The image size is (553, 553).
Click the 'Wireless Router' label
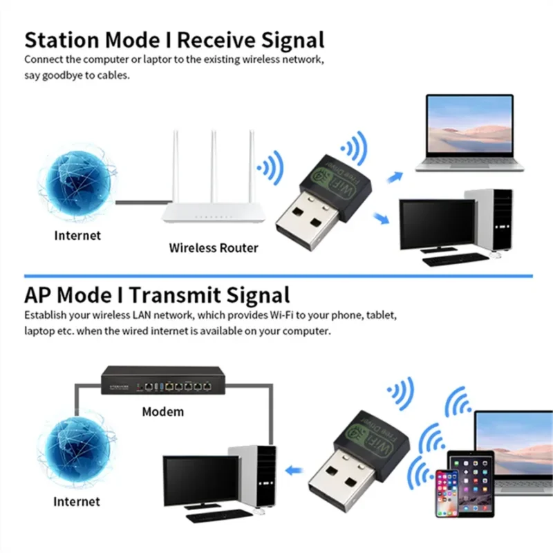coord(214,247)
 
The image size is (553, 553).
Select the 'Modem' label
coord(163,412)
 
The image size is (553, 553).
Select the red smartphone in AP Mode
coord(447,495)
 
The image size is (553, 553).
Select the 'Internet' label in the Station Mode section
coord(77,236)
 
